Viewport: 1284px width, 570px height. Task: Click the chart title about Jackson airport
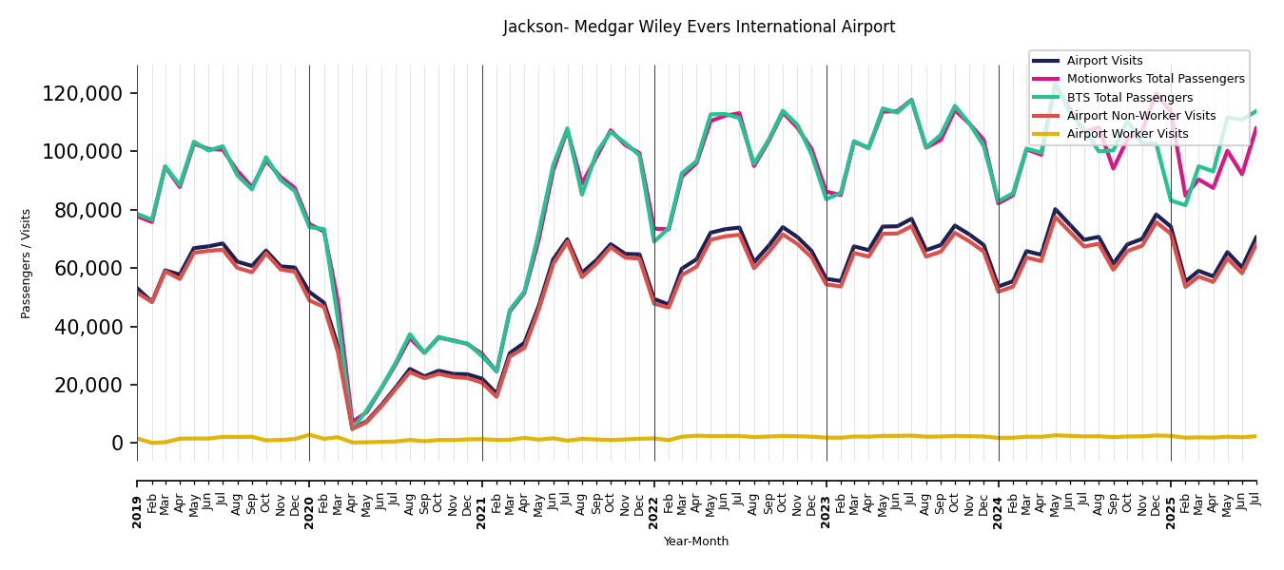(x=699, y=27)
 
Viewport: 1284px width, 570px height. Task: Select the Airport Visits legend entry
(x=1104, y=61)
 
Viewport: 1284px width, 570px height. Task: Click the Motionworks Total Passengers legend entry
(x=1155, y=79)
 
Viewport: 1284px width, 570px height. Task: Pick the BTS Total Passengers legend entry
(x=1129, y=98)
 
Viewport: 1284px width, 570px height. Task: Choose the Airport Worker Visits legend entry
(x=1127, y=134)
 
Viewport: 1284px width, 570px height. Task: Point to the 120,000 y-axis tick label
(x=83, y=93)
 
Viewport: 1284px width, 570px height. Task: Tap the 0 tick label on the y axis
(x=118, y=443)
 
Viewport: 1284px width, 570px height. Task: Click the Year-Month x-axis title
(x=696, y=541)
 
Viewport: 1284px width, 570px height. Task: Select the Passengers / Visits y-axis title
(x=27, y=263)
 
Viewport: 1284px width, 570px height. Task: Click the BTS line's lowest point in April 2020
(x=353, y=427)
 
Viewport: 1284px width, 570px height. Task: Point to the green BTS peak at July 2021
(x=568, y=128)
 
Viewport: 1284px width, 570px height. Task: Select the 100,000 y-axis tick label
(x=83, y=151)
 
